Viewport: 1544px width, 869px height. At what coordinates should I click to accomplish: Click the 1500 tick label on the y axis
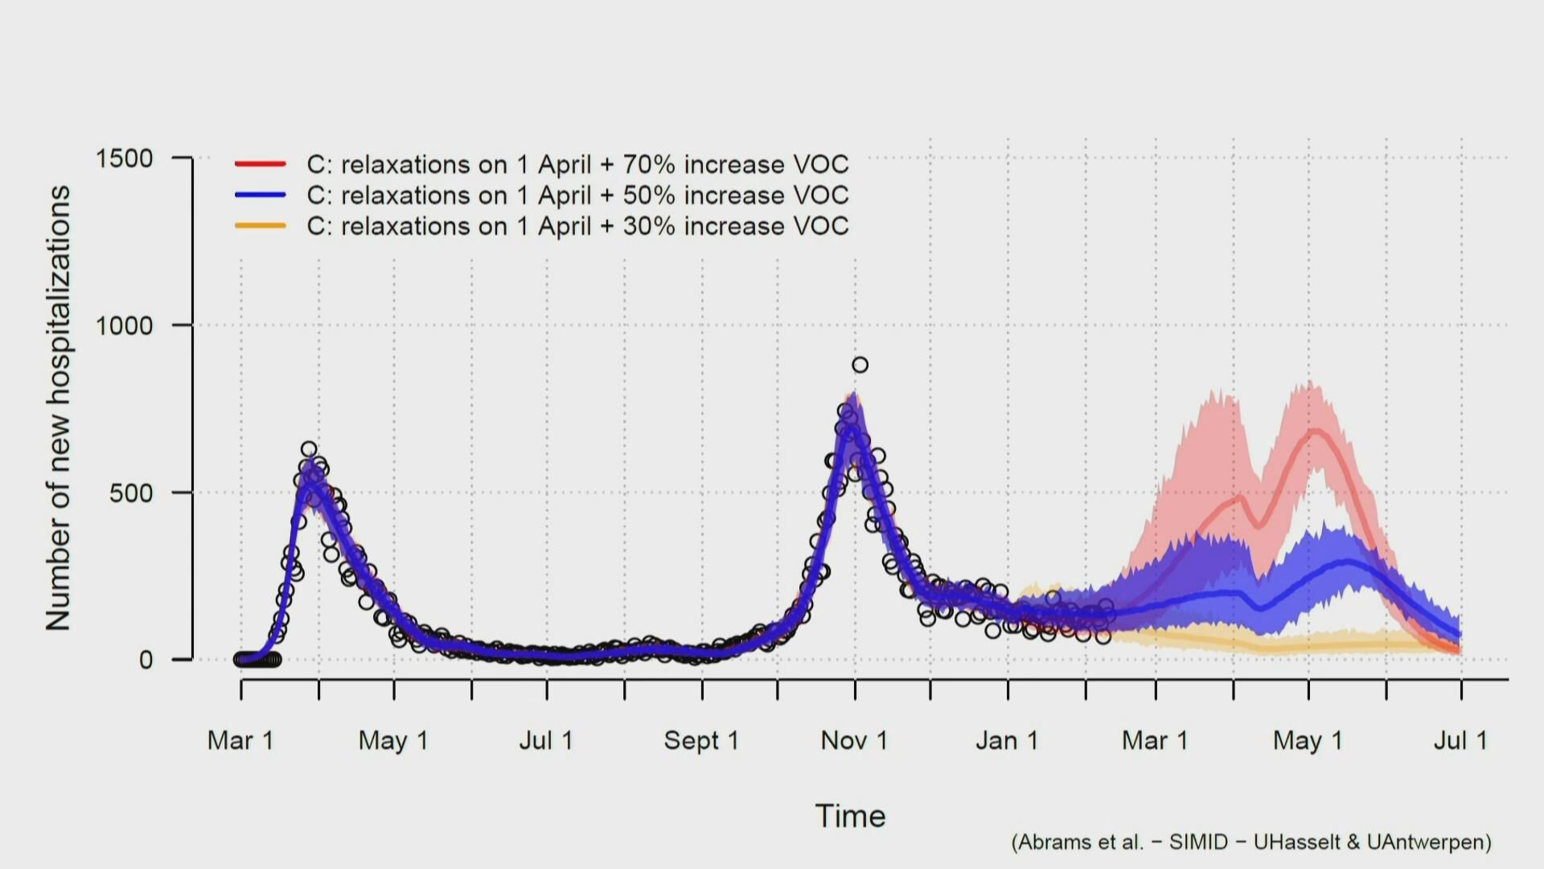pyautogui.click(x=124, y=159)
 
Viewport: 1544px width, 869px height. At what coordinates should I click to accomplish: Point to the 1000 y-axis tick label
pyautogui.click(x=124, y=326)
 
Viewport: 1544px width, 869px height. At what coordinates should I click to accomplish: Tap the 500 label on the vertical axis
pyautogui.click(x=131, y=493)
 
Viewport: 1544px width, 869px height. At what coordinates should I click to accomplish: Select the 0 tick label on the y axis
pyautogui.click(x=146, y=661)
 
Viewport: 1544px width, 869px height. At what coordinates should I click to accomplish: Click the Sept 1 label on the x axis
pyautogui.click(x=701, y=740)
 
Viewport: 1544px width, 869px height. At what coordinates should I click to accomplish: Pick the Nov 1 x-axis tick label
pyautogui.click(x=854, y=740)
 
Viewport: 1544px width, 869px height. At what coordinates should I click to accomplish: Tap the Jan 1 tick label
pyautogui.click(x=1007, y=740)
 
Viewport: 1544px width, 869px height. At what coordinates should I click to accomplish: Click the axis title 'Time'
pyautogui.click(x=850, y=816)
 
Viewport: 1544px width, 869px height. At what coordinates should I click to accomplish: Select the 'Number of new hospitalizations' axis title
pyautogui.click(x=58, y=408)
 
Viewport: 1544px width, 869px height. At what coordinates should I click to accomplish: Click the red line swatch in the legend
pyautogui.click(x=261, y=164)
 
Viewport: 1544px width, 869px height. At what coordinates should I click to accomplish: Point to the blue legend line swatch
pyautogui.click(x=261, y=195)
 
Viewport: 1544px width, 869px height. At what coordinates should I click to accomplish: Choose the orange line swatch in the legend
pyautogui.click(x=261, y=226)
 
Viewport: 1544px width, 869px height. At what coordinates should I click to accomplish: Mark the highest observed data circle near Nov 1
pyautogui.click(x=860, y=365)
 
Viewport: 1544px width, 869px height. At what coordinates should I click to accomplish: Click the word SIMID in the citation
pyautogui.click(x=1198, y=842)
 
